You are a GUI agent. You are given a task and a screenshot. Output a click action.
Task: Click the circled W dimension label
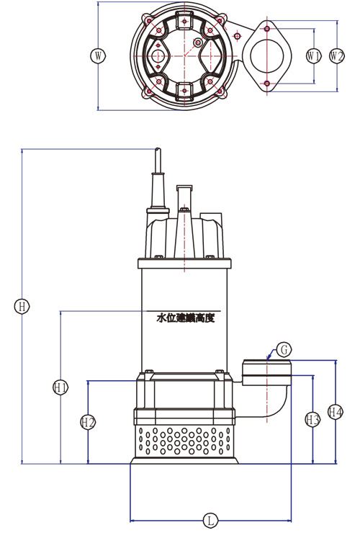[x=99, y=55]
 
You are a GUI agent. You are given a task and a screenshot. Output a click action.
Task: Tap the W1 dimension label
[x=314, y=55]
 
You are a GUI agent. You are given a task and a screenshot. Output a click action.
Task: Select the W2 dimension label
[x=337, y=55]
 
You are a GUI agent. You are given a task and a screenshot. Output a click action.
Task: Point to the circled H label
[x=22, y=307]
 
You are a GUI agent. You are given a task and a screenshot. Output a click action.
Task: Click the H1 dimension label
[x=61, y=387]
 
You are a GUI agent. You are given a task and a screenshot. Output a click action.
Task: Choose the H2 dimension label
[x=88, y=422]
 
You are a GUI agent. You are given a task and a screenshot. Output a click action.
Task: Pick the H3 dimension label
[x=312, y=420]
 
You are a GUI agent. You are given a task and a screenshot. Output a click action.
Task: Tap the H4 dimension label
[x=336, y=412]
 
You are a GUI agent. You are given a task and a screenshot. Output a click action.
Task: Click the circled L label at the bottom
[x=210, y=520]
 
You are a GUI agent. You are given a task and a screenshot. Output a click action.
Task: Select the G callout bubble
[x=284, y=350]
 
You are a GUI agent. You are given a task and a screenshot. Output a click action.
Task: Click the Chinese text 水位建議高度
[x=186, y=318]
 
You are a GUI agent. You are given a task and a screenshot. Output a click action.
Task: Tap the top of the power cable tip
[x=158, y=148]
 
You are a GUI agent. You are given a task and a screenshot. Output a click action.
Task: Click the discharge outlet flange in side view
[x=266, y=373]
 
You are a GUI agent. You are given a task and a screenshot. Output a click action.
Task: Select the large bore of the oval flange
[x=267, y=56]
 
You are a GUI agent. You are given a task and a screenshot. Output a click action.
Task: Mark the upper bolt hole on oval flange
[x=266, y=29]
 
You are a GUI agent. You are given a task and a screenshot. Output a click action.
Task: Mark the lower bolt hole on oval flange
[x=266, y=83]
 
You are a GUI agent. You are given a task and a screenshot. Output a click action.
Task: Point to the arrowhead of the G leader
[x=268, y=359]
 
